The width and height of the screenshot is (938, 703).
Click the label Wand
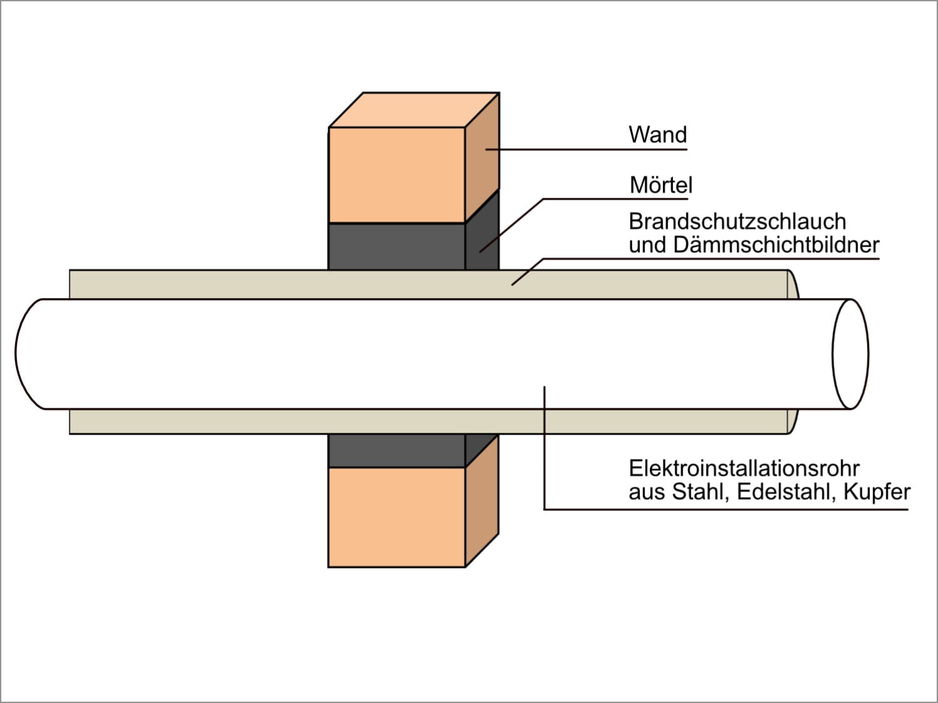[x=658, y=134]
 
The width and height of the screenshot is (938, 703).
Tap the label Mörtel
[x=660, y=185]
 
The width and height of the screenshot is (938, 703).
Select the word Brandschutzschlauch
[x=737, y=222]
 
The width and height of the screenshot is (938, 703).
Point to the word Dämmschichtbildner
[x=777, y=246]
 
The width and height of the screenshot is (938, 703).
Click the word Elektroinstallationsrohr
[x=744, y=468]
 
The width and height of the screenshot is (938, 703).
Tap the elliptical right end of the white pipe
[x=850, y=354]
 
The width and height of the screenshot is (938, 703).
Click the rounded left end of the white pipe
[x=26, y=354]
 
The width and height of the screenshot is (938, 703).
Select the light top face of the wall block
[x=414, y=110]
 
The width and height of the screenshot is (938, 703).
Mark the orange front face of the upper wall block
[x=396, y=174]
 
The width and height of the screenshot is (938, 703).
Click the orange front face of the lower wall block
[x=396, y=517]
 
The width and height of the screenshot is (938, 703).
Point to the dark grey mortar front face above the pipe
[x=396, y=246]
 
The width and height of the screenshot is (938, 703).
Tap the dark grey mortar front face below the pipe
[x=396, y=450]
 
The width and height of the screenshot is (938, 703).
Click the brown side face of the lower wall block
[x=482, y=501]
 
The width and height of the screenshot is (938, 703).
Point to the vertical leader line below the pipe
[x=544, y=448]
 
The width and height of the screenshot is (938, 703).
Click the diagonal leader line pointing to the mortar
[x=511, y=225]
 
